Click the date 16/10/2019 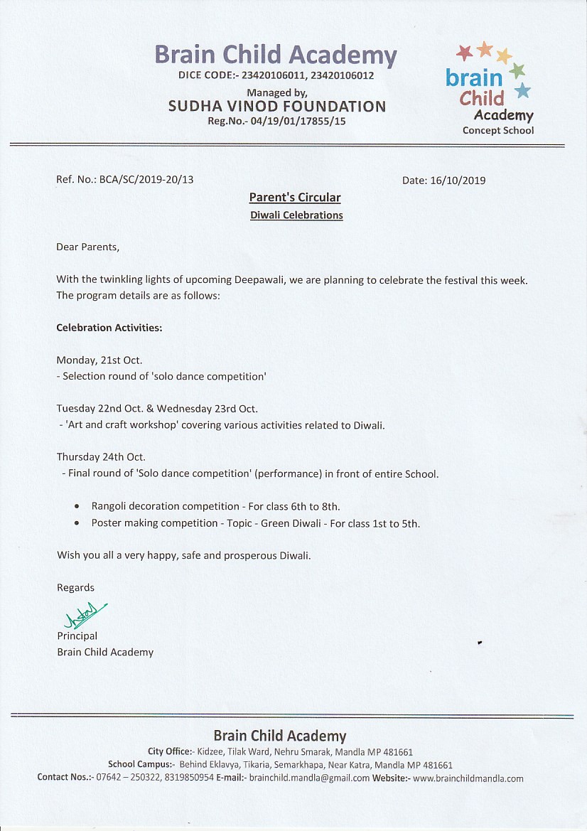[458, 181]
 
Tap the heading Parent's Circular [295, 198]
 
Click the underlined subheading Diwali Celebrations [296, 215]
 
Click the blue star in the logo [522, 90]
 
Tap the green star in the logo [517, 70]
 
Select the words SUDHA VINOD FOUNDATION [277, 107]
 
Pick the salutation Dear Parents [88, 247]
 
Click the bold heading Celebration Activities [109, 328]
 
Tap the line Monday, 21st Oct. [99, 360]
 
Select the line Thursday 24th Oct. [101, 457]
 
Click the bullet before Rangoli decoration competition [77, 507]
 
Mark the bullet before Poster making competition [77, 523]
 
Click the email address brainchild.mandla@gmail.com [309, 778]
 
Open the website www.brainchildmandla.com [468, 778]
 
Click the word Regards [75, 588]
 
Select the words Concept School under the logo [497, 131]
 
